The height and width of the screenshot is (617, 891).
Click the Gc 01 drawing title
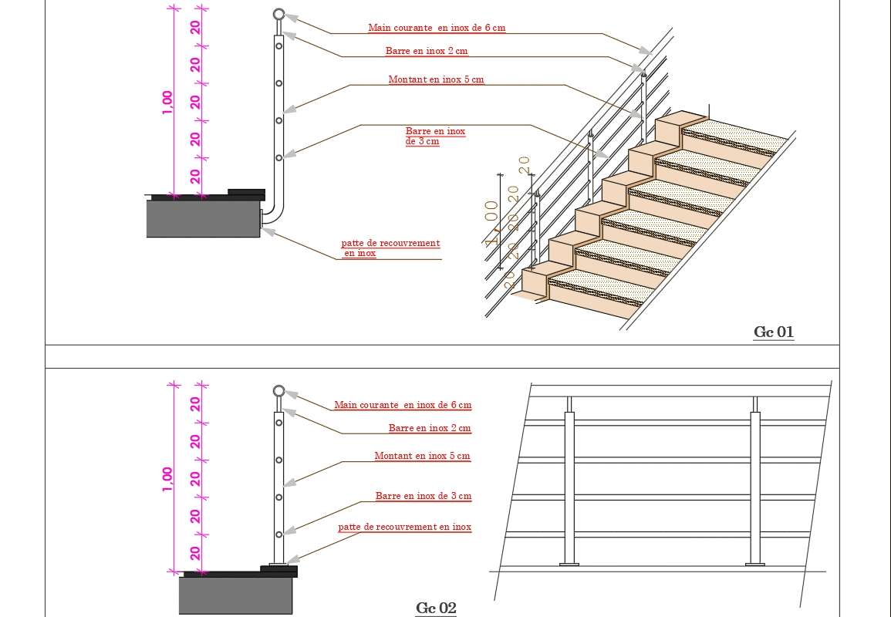[773, 332]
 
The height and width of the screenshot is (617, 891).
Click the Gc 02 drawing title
[436, 609]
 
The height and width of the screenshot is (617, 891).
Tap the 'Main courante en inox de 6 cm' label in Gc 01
[437, 28]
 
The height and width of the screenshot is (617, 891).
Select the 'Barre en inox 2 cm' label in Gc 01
[427, 51]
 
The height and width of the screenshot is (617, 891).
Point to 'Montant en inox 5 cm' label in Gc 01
[436, 79]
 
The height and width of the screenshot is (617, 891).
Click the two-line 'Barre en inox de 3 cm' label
[435, 137]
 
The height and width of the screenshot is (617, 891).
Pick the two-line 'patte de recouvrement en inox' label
[390, 248]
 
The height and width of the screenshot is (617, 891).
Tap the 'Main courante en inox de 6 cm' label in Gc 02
[403, 405]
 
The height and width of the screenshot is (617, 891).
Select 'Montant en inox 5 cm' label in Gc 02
[422, 456]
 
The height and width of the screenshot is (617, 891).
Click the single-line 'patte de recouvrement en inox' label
[404, 528]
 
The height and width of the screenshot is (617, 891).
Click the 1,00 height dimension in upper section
[167, 103]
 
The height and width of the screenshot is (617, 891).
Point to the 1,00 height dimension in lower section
[167, 478]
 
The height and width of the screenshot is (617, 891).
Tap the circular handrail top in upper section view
[278, 15]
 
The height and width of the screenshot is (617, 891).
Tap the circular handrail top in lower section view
[278, 391]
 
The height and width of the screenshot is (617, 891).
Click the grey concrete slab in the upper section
[203, 218]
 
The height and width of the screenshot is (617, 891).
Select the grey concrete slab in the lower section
[235, 595]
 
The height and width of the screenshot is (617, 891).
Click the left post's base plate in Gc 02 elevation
[569, 565]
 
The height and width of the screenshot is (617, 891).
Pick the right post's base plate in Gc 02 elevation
[755, 565]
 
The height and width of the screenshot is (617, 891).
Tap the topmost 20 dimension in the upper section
[196, 27]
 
